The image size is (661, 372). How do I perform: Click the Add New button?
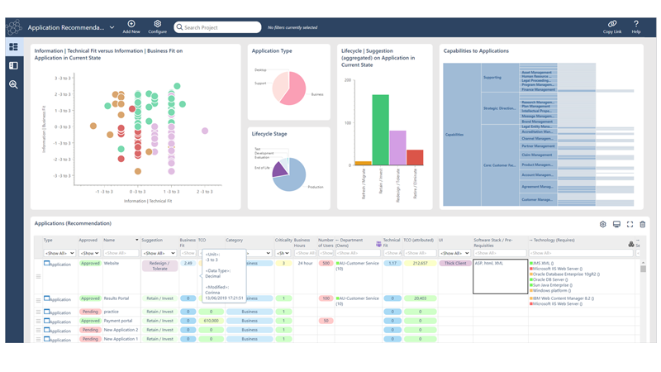[x=131, y=26]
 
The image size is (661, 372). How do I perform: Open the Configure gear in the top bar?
[x=157, y=26]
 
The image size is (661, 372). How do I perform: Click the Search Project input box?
[x=218, y=27]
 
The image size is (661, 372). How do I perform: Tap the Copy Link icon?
[x=611, y=26]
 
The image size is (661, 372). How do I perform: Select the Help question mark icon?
[x=635, y=26]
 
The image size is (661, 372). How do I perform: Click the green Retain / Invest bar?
[x=380, y=130]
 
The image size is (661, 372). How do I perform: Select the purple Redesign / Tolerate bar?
[x=397, y=148]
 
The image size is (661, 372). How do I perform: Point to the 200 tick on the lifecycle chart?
[x=347, y=80]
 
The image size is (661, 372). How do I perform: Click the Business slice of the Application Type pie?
[x=297, y=89]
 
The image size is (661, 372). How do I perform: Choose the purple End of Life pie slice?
[x=279, y=169]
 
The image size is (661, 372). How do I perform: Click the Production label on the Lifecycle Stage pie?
[x=315, y=187]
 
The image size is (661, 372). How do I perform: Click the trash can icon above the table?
[x=642, y=224]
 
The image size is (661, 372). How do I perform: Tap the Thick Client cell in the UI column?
[x=454, y=264]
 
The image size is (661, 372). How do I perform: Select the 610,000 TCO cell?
[x=211, y=321]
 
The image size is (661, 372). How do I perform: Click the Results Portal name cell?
[x=117, y=298]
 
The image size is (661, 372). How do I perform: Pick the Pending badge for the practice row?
[x=89, y=312]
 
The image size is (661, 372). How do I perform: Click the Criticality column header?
[x=283, y=241]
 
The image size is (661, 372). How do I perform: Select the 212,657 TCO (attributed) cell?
[x=420, y=264]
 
